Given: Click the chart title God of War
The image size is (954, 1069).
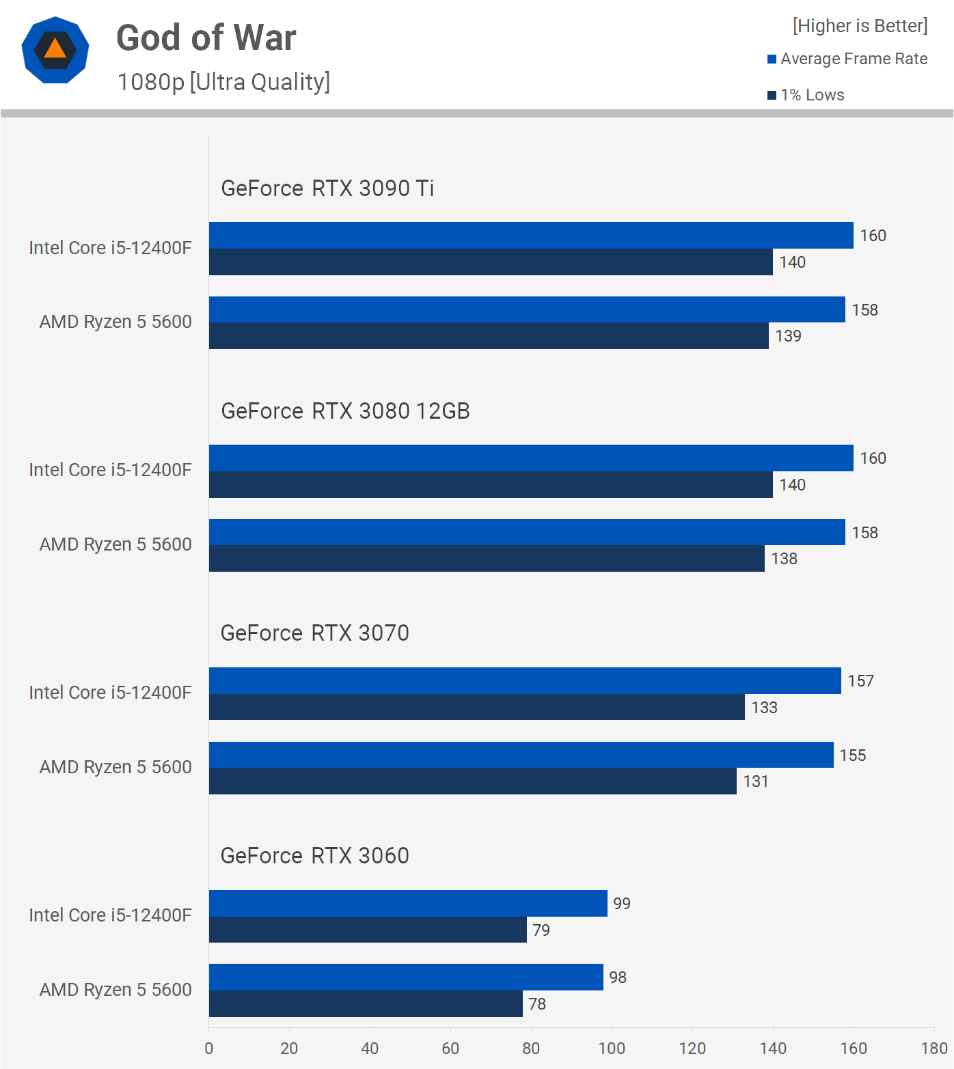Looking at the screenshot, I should pyautogui.click(x=206, y=38).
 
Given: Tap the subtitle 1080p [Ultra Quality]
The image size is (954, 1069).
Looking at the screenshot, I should pyautogui.click(x=223, y=82).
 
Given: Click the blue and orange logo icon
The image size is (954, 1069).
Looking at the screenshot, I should pyautogui.click(x=55, y=50).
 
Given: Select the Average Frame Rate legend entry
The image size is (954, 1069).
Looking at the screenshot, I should pyautogui.click(x=847, y=59).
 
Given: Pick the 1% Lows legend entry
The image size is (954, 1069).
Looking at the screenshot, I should pyautogui.click(x=806, y=95).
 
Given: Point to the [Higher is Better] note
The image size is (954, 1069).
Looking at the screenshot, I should pyautogui.click(x=860, y=26).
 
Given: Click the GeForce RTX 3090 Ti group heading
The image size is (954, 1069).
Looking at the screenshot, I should pyautogui.click(x=327, y=189).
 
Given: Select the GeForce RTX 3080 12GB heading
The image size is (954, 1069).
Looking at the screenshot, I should pyautogui.click(x=345, y=411).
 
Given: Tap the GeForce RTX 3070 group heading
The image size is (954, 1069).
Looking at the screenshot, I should pyautogui.click(x=314, y=633).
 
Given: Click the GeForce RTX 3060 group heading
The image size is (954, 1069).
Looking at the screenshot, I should pyautogui.click(x=314, y=856).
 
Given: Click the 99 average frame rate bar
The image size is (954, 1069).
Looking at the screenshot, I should pyautogui.click(x=408, y=903).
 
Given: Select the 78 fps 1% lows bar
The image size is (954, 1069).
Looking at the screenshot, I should pyautogui.click(x=366, y=1004).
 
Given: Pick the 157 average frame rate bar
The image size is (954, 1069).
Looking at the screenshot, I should pyautogui.click(x=525, y=681).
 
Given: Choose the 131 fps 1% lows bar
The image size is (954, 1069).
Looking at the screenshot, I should pyautogui.click(x=473, y=781).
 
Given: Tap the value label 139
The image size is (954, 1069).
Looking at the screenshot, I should pyautogui.click(x=788, y=336).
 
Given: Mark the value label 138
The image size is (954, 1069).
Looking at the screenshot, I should pyautogui.click(x=784, y=559).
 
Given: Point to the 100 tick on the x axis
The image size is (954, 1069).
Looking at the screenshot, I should pyautogui.click(x=612, y=1049).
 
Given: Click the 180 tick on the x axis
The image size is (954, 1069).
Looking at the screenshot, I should pyautogui.click(x=933, y=1049).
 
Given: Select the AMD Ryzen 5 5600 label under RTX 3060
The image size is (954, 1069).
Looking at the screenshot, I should pyautogui.click(x=115, y=990).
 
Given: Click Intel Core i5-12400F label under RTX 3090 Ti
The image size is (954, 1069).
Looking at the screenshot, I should pyautogui.click(x=110, y=248).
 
